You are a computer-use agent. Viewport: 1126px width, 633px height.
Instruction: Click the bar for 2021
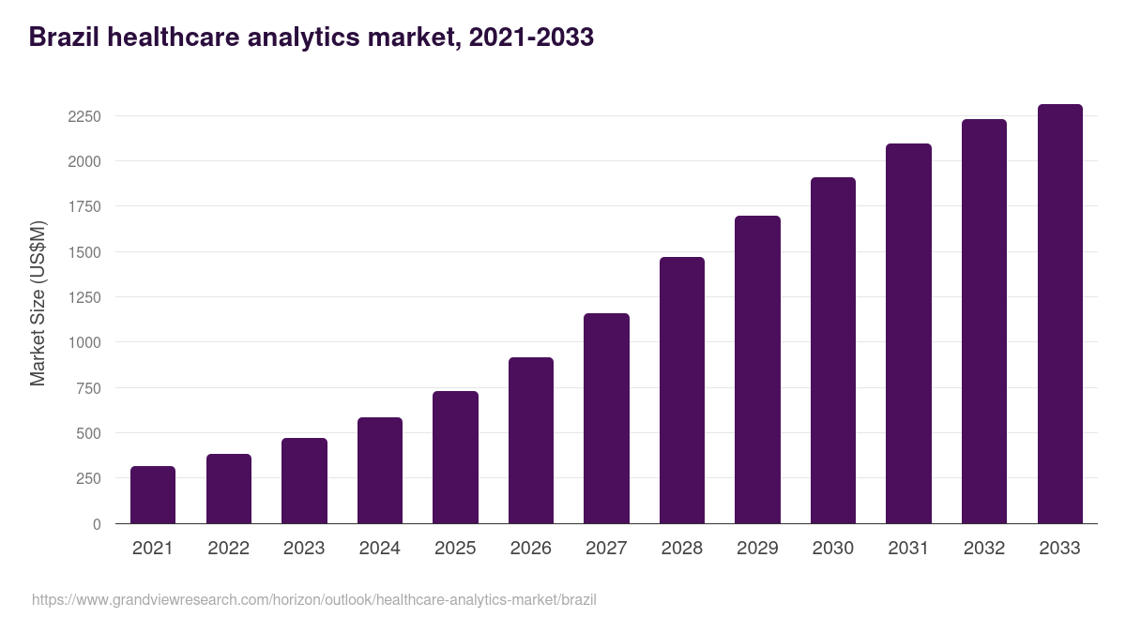pyautogui.click(x=153, y=494)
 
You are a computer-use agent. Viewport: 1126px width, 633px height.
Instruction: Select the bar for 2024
pyautogui.click(x=380, y=470)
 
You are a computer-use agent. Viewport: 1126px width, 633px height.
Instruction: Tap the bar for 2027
pyautogui.click(x=606, y=418)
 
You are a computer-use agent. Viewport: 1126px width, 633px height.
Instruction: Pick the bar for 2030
pyautogui.click(x=833, y=350)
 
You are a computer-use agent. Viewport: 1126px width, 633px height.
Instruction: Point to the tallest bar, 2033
pyautogui.click(x=1059, y=313)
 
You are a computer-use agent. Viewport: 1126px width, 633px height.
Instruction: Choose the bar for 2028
pyautogui.click(x=682, y=390)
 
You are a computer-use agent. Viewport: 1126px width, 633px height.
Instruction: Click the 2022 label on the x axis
pyautogui.click(x=228, y=549)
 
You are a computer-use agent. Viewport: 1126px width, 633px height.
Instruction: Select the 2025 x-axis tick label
pyautogui.click(x=455, y=549)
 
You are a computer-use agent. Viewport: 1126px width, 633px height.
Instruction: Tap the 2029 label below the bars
pyautogui.click(x=757, y=549)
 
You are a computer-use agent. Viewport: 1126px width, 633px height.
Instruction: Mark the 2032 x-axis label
pyautogui.click(x=984, y=549)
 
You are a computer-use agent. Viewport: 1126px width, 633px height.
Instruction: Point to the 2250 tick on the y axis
pyautogui.click(x=84, y=116)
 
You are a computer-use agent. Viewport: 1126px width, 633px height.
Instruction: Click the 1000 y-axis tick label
pyautogui.click(x=84, y=342)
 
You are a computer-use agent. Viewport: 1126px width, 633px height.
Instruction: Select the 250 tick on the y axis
pyautogui.click(x=88, y=478)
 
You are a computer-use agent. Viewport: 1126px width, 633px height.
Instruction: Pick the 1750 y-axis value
pyautogui.click(x=84, y=206)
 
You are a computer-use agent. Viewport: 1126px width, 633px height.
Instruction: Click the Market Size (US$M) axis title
pyautogui.click(x=38, y=304)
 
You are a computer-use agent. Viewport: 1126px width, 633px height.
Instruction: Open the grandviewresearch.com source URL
pyautogui.click(x=314, y=600)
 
